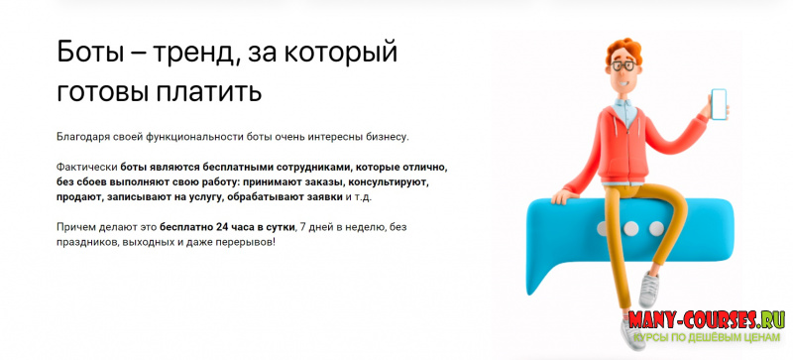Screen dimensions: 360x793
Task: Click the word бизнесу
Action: [381, 136]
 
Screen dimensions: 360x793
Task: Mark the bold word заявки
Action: [323, 197]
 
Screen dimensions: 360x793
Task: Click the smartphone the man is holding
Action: [719, 102]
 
